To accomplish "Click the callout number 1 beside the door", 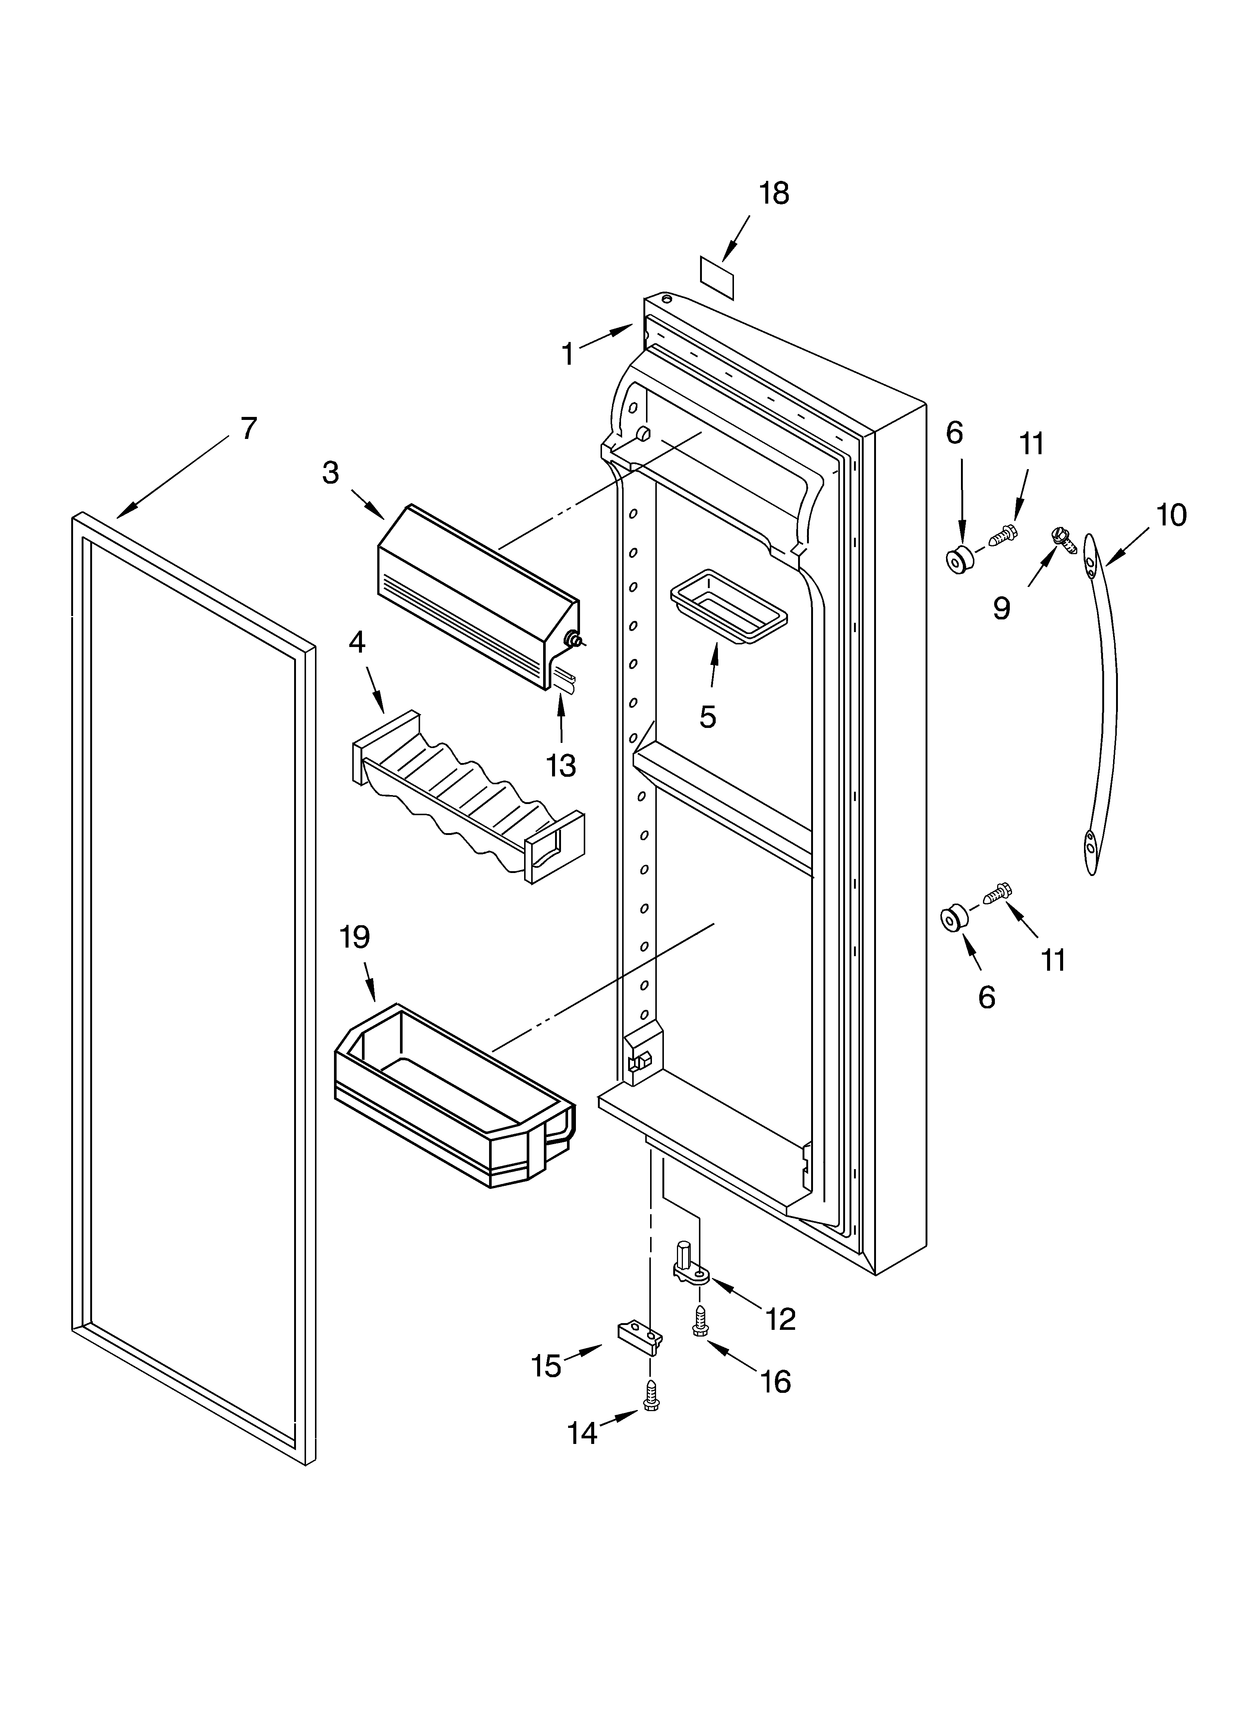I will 568,354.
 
